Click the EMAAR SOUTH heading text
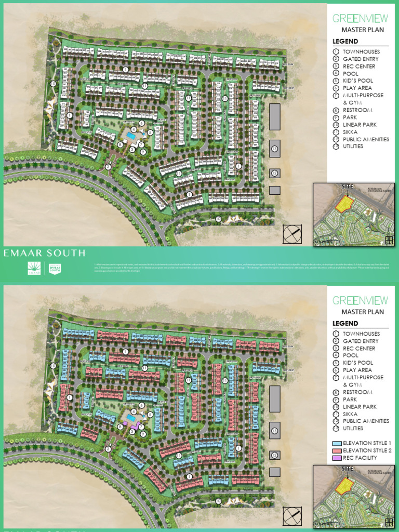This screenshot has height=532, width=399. tap(44, 253)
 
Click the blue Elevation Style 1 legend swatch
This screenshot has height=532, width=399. tap(336, 443)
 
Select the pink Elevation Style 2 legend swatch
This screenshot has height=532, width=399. tap(336, 450)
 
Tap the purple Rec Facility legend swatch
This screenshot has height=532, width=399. tap(336, 458)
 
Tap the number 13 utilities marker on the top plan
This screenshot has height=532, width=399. tap(274, 149)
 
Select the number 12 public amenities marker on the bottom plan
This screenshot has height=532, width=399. tap(274, 455)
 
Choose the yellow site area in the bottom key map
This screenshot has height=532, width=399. tap(342, 486)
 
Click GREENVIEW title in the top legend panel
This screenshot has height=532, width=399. tap(360, 18)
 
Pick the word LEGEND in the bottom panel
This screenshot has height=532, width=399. tap(345, 324)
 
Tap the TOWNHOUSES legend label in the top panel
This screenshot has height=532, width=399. tap(361, 52)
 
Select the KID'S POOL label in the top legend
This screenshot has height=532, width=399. tap(358, 81)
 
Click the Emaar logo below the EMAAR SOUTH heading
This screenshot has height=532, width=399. tap(34, 268)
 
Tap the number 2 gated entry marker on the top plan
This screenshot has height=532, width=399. tap(108, 167)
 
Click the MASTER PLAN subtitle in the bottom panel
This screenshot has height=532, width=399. tap(363, 312)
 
